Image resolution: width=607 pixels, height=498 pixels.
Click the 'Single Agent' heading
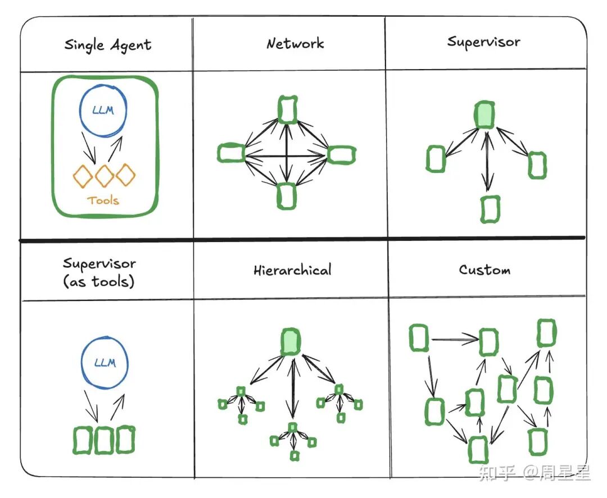tap(107, 45)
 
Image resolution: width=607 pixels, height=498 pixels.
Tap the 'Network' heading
tap(295, 44)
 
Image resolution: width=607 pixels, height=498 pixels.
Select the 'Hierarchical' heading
tap(292, 270)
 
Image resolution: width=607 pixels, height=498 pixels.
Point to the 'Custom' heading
tap(484, 270)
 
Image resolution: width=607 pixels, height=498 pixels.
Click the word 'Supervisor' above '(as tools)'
tap(99, 263)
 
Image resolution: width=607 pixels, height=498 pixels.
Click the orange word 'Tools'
tap(103, 200)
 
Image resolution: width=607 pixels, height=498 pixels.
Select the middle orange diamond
tap(105, 176)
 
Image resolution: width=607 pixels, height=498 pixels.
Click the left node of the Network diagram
tap(230, 153)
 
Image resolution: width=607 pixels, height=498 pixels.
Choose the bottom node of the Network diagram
tap(287, 196)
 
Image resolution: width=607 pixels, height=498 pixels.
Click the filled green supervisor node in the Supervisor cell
tap(484, 115)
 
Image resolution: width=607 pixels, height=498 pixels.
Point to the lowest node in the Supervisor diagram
tap(490, 209)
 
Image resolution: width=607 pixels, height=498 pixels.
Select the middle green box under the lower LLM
tap(104, 441)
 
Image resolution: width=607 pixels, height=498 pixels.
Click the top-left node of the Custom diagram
tap(419, 337)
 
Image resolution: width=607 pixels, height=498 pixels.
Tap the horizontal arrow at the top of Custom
tap(455, 339)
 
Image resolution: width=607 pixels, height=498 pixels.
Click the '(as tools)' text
tap(99, 281)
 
